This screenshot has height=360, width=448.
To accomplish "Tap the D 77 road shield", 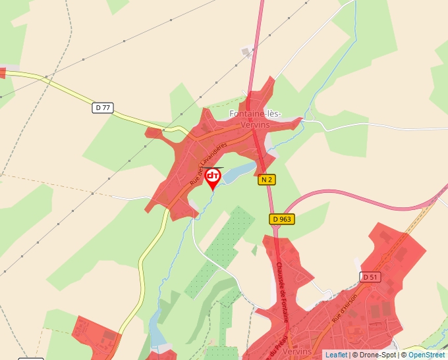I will tap(101, 107).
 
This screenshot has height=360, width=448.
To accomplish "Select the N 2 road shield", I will tap(266, 180).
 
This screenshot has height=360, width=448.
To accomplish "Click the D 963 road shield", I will tap(281, 219).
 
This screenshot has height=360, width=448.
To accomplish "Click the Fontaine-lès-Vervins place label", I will tap(255, 118).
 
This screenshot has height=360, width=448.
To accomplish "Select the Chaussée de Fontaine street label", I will tap(282, 292).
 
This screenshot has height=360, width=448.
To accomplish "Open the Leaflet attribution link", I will tap(336, 355).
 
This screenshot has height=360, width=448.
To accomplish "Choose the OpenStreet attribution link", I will tap(428, 355).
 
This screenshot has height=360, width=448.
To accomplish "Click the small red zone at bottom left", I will tap(96, 335).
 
